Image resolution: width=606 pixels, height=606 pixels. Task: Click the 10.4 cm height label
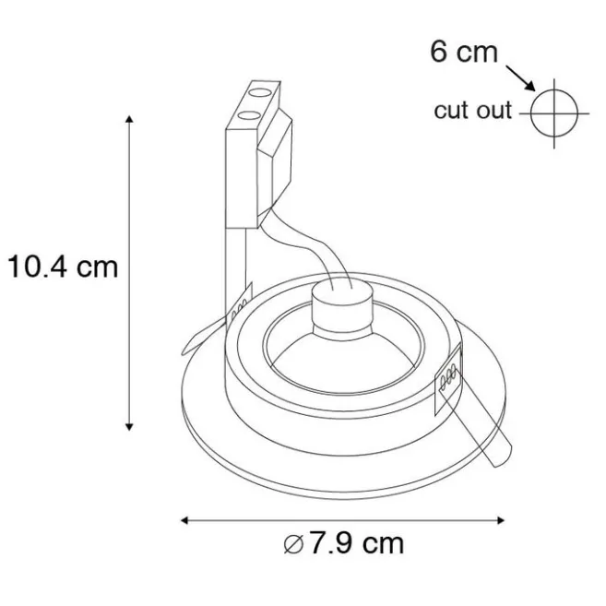63,267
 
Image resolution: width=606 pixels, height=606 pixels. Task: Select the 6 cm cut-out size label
464,52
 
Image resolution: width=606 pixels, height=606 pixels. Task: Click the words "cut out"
472,110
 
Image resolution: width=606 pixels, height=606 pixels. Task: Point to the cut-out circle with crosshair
554,113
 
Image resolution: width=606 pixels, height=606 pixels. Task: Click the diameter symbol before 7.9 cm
293,544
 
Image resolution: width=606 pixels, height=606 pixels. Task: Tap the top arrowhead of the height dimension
129,119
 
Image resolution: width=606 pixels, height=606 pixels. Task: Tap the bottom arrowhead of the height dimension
129,427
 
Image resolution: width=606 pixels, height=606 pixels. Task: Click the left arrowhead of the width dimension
184,520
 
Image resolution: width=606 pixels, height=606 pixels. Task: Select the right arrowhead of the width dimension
501,520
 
